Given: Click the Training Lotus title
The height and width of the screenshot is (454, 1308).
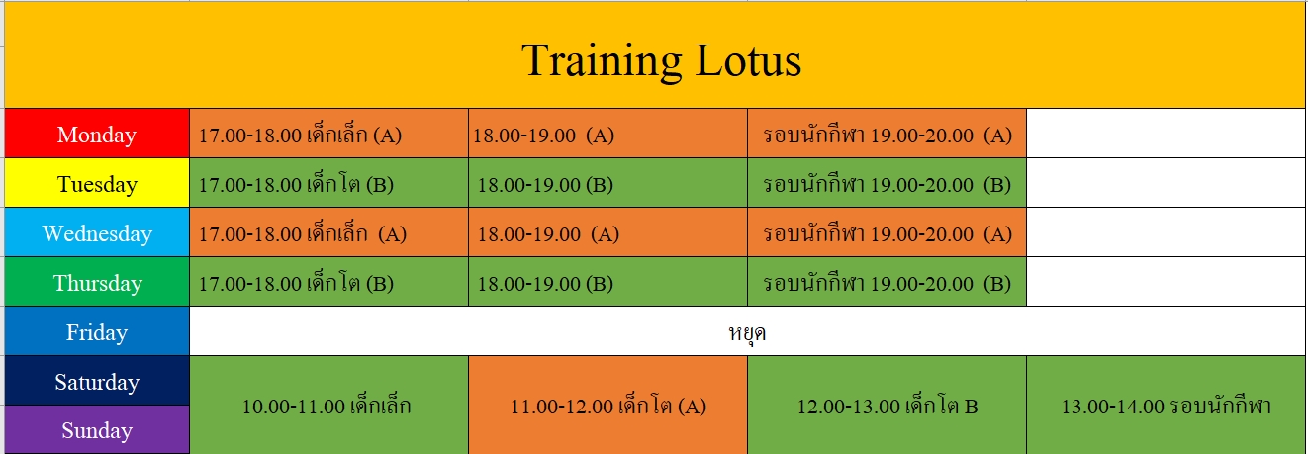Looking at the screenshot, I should (661, 61).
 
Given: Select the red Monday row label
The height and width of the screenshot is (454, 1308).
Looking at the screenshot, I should (97, 135).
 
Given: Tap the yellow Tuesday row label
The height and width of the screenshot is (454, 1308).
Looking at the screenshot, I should (97, 184).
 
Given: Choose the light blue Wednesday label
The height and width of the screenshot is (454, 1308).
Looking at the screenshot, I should (97, 233).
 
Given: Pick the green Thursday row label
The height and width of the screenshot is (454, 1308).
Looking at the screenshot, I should (97, 283).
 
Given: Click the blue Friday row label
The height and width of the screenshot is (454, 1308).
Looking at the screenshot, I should (97, 332).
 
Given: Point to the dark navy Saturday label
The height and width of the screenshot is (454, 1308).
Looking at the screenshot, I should (97, 382).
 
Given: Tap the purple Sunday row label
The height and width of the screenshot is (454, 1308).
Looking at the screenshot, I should (97, 430).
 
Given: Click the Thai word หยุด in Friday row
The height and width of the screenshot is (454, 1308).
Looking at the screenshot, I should (747, 332).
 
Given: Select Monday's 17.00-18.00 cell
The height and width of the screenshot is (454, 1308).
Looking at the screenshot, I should (301, 136).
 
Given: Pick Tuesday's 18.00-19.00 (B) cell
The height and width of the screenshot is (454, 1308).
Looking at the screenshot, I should (545, 185).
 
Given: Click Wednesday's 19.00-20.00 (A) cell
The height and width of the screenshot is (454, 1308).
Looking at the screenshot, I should (888, 234).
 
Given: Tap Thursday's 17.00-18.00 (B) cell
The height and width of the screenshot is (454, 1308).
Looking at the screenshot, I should (297, 284).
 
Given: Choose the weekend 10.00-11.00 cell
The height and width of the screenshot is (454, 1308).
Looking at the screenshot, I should (327, 406).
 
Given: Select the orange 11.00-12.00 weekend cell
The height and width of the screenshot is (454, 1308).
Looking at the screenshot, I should (607, 406).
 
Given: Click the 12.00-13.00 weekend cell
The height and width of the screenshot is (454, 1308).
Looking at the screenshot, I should (888, 406).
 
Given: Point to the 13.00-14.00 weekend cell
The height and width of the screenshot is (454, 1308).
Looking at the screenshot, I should (1166, 406).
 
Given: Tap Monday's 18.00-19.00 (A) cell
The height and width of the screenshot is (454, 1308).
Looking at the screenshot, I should (544, 136).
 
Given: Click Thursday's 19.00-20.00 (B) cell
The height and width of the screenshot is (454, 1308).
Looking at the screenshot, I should (888, 284).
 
